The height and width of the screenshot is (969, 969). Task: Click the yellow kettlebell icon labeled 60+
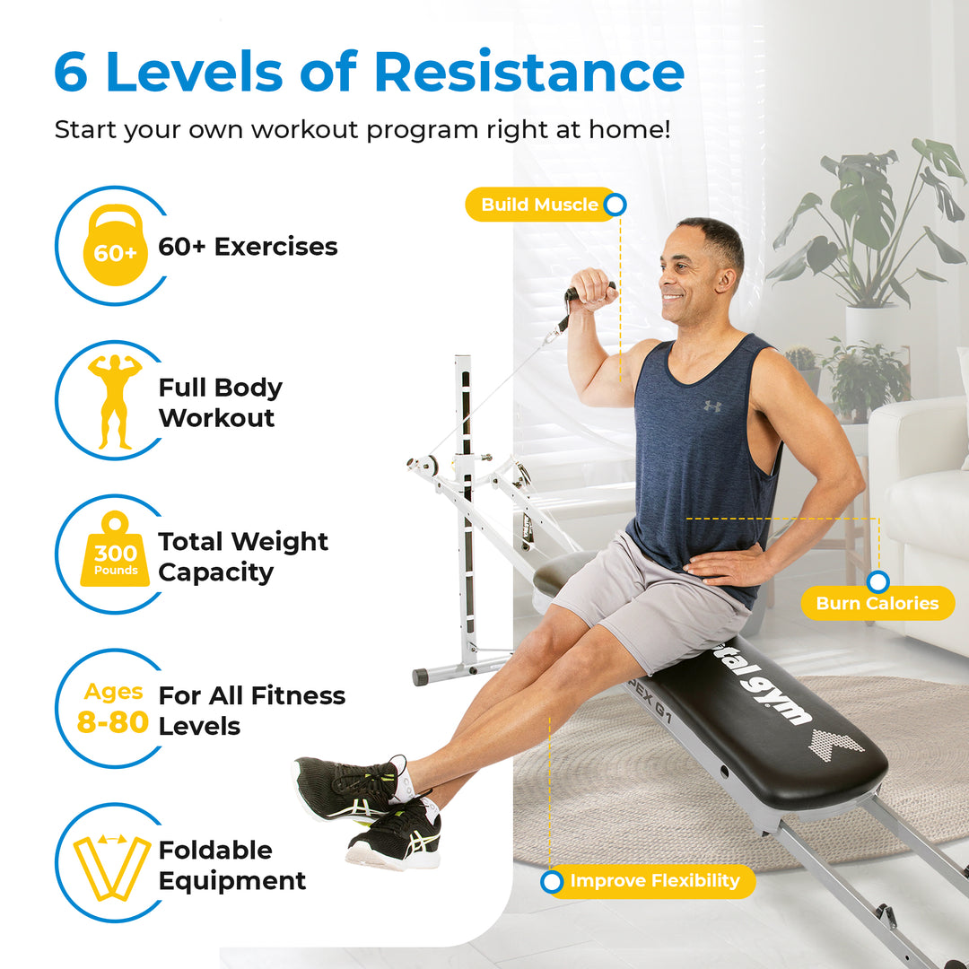[x=115, y=246]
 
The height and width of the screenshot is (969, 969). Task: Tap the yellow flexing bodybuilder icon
[x=115, y=400]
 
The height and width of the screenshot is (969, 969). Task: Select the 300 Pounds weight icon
[x=115, y=552]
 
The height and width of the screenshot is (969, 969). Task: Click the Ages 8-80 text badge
[x=113, y=708]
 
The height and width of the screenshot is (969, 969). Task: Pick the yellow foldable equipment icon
[x=112, y=867]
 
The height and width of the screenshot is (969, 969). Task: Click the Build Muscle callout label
[x=539, y=205]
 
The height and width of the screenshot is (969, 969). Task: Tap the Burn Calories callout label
[x=877, y=603]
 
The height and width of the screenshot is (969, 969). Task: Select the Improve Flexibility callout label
[x=654, y=881]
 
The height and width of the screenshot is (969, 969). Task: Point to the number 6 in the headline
[x=71, y=73]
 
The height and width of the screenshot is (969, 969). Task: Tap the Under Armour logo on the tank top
[x=711, y=406]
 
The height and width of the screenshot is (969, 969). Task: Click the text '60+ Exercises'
[x=248, y=247]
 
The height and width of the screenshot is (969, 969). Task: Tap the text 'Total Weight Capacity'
[x=243, y=556]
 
